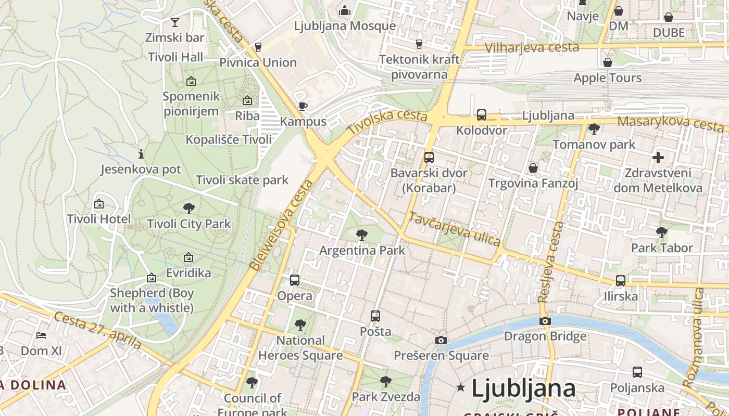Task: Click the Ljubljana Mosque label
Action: (345, 25)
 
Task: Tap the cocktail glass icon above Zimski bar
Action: (175, 22)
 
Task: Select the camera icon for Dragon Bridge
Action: (545, 321)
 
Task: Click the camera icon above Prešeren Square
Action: (441, 340)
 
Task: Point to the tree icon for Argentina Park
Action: (362, 235)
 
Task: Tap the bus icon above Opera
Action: (295, 280)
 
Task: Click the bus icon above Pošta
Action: (375, 316)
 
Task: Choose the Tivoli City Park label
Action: (188, 224)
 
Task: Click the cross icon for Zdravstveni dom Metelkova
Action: (658, 157)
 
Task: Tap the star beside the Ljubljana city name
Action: (460, 387)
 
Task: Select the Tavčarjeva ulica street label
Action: (455, 229)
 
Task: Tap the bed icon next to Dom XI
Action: (41, 335)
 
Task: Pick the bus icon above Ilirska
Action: (621, 281)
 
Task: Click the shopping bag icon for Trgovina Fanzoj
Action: (533, 168)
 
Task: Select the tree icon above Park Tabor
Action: (662, 232)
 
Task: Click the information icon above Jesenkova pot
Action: (141, 154)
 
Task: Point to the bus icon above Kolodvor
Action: (482, 114)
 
